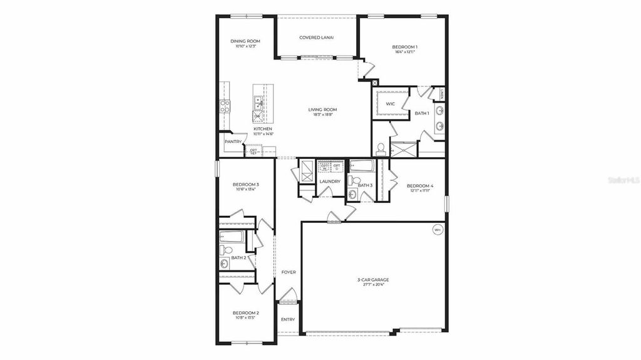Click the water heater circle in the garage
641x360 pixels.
click(x=438, y=230)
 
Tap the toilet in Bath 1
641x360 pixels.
click(x=380, y=149)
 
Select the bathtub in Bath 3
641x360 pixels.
click(x=362, y=166)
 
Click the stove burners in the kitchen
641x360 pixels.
click(x=225, y=106)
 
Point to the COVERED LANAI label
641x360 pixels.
click(x=316, y=38)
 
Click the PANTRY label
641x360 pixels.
click(x=233, y=141)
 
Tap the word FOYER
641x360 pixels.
click(x=288, y=272)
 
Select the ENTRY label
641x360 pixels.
click(x=288, y=319)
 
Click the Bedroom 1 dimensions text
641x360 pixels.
click(x=406, y=52)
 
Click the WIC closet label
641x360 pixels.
click(x=390, y=104)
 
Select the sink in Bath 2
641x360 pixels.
click(x=225, y=264)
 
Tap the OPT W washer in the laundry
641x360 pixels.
click(x=324, y=167)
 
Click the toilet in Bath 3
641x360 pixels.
click(x=352, y=180)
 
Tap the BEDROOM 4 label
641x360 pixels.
click(x=419, y=185)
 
